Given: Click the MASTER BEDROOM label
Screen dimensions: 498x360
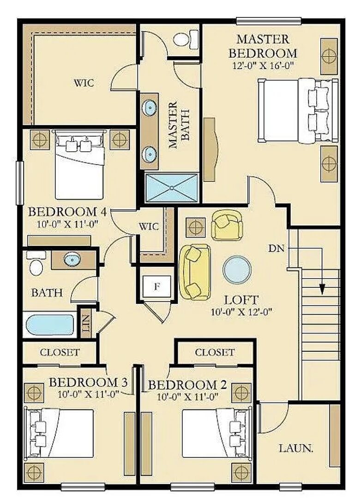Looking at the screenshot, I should (x=263, y=46).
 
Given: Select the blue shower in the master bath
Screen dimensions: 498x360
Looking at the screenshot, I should (x=171, y=188).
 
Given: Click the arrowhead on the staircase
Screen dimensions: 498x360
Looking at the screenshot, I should (x=323, y=289).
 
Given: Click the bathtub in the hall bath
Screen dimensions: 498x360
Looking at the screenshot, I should (x=50, y=325).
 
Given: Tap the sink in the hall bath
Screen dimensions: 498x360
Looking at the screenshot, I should (x=72, y=260).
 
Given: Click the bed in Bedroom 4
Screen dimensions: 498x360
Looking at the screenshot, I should (x=79, y=165).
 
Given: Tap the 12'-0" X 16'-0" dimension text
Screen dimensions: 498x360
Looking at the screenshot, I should (x=263, y=65).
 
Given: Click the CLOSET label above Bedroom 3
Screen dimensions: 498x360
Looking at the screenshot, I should (x=60, y=353).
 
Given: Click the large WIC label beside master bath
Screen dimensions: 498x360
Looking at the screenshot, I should (x=84, y=83).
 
